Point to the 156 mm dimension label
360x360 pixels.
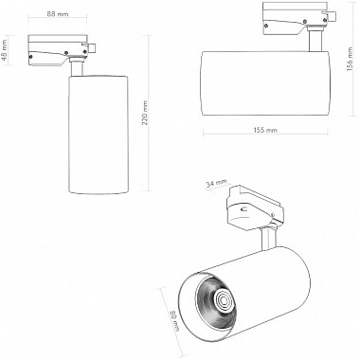pos(350,66)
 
